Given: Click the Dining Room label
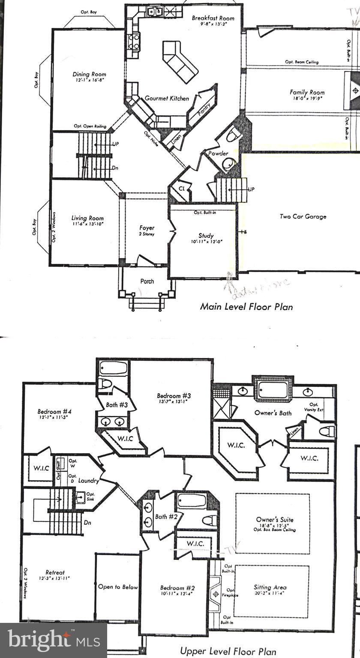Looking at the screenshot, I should tap(89, 74).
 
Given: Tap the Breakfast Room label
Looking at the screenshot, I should tap(213, 18).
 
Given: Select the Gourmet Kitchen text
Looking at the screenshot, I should tap(167, 98).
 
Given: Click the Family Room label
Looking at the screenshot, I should tap(307, 92).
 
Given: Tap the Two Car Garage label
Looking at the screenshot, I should tap(303, 216).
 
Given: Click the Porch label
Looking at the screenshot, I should tap(147, 281).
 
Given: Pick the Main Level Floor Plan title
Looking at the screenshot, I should tap(246, 306).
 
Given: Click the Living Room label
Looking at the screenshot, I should tap(87, 218).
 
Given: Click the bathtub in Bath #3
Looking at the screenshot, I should tap(113, 368).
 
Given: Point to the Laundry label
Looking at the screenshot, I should tap(89, 481).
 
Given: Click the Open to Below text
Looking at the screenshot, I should tap(118, 586).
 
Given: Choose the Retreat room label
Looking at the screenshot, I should tap(55, 572).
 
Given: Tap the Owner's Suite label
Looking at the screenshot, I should tap(275, 520).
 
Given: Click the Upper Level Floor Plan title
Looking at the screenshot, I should tap(228, 651).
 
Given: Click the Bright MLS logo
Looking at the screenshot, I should tap(54, 640).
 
